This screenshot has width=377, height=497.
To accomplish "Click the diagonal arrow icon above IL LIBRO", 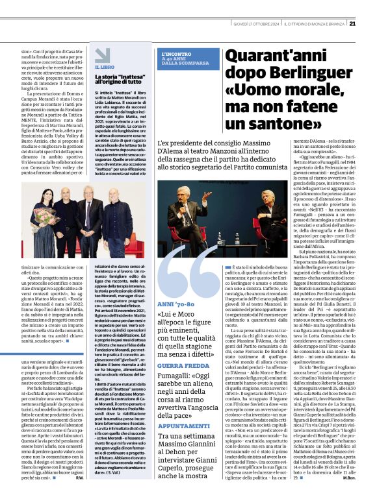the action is [98, 56].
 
